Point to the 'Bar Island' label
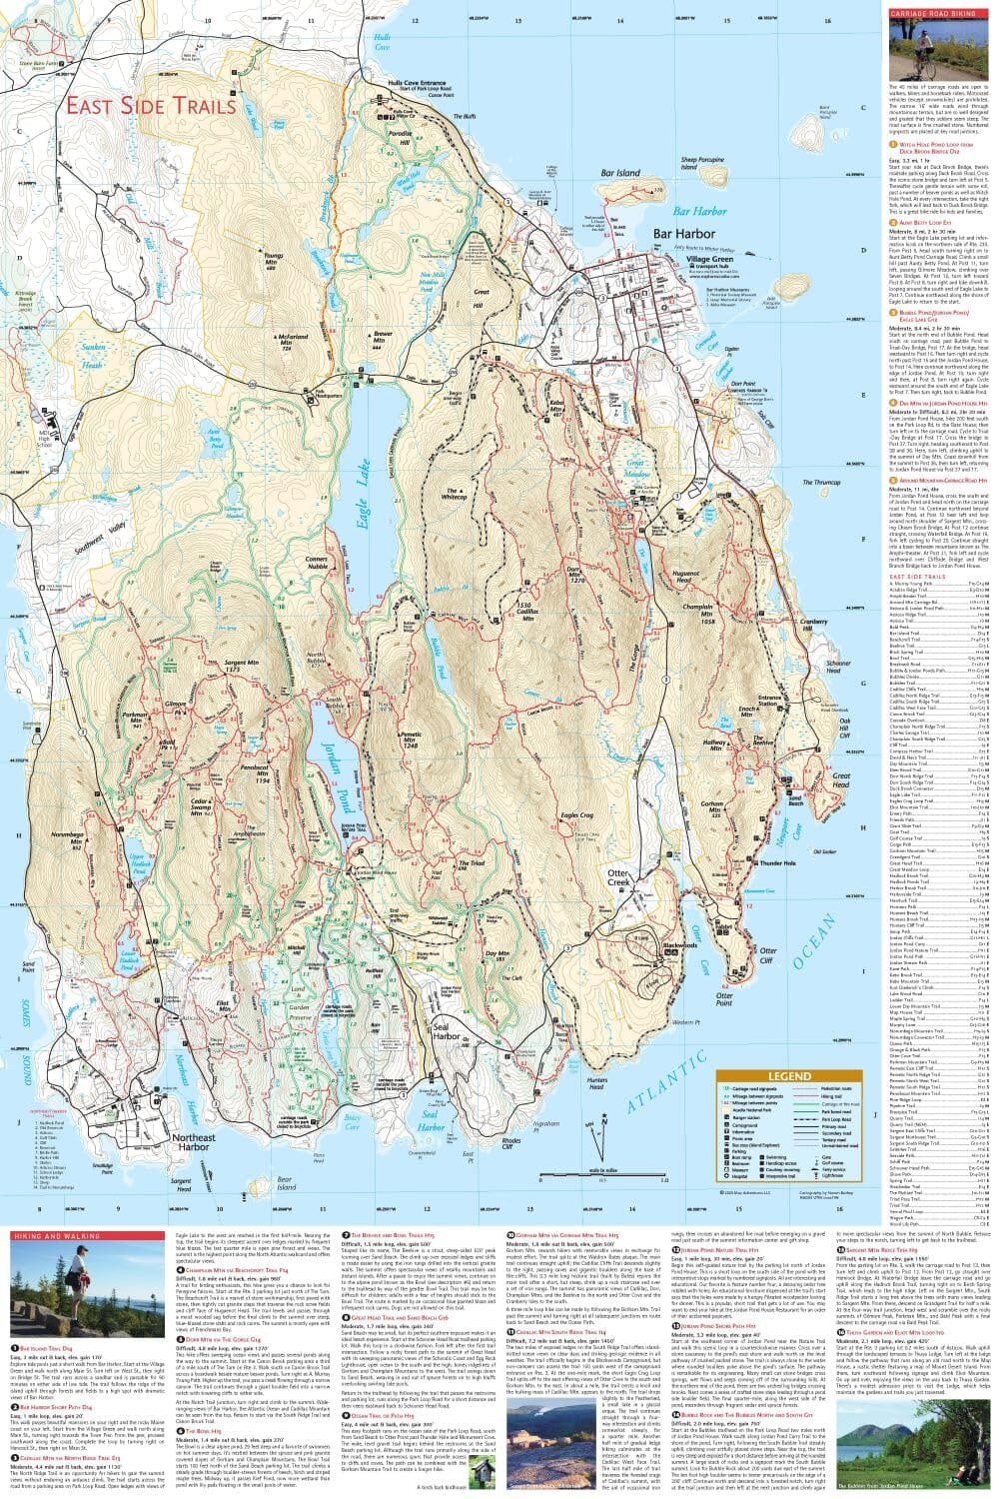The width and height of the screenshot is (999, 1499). tap(620, 173)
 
